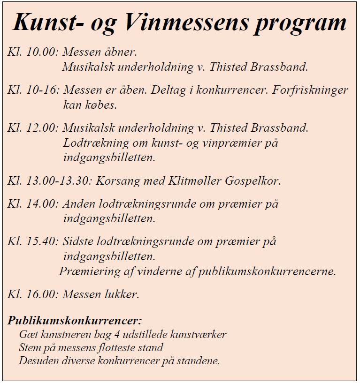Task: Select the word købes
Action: (100, 105)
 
